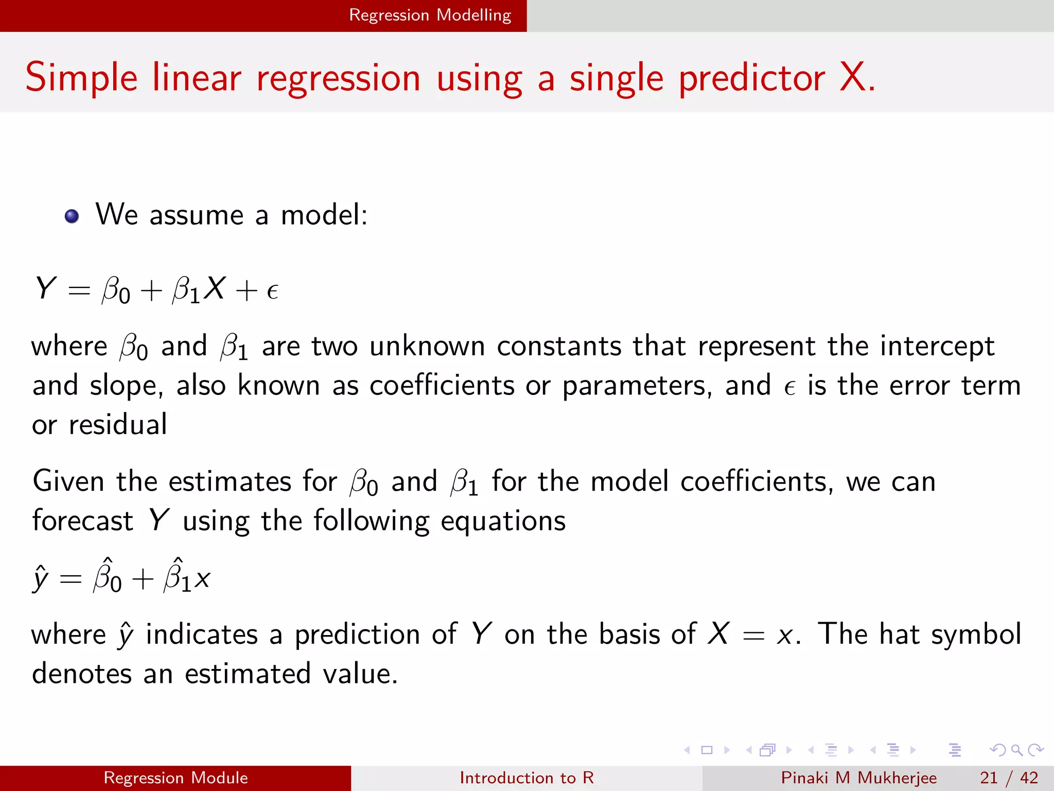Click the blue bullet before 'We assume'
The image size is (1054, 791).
(x=72, y=216)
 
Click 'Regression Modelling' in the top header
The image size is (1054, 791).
(x=430, y=15)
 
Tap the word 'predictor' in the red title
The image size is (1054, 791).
(x=752, y=78)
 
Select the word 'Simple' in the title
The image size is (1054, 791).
(x=81, y=78)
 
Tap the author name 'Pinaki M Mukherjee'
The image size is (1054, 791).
(x=858, y=778)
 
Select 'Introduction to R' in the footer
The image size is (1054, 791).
(x=526, y=778)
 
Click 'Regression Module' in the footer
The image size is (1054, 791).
(x=175, y=778)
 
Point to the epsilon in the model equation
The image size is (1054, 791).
(x=272, y=291)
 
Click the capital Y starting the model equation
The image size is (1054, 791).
(x=45, y=288)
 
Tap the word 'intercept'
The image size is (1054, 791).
(x=937, y=346)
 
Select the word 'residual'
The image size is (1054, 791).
(x=117, y=425)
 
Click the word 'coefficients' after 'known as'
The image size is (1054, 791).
(x=442, y=385)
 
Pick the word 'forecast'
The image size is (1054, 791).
(x=82, y=521)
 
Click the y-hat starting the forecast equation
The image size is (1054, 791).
(x=40, y=578)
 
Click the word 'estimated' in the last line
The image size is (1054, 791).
(x=248, y=674)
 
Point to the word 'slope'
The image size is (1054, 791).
(x=126, y=386)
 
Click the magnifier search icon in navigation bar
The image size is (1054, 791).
(x=1016, y=750)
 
